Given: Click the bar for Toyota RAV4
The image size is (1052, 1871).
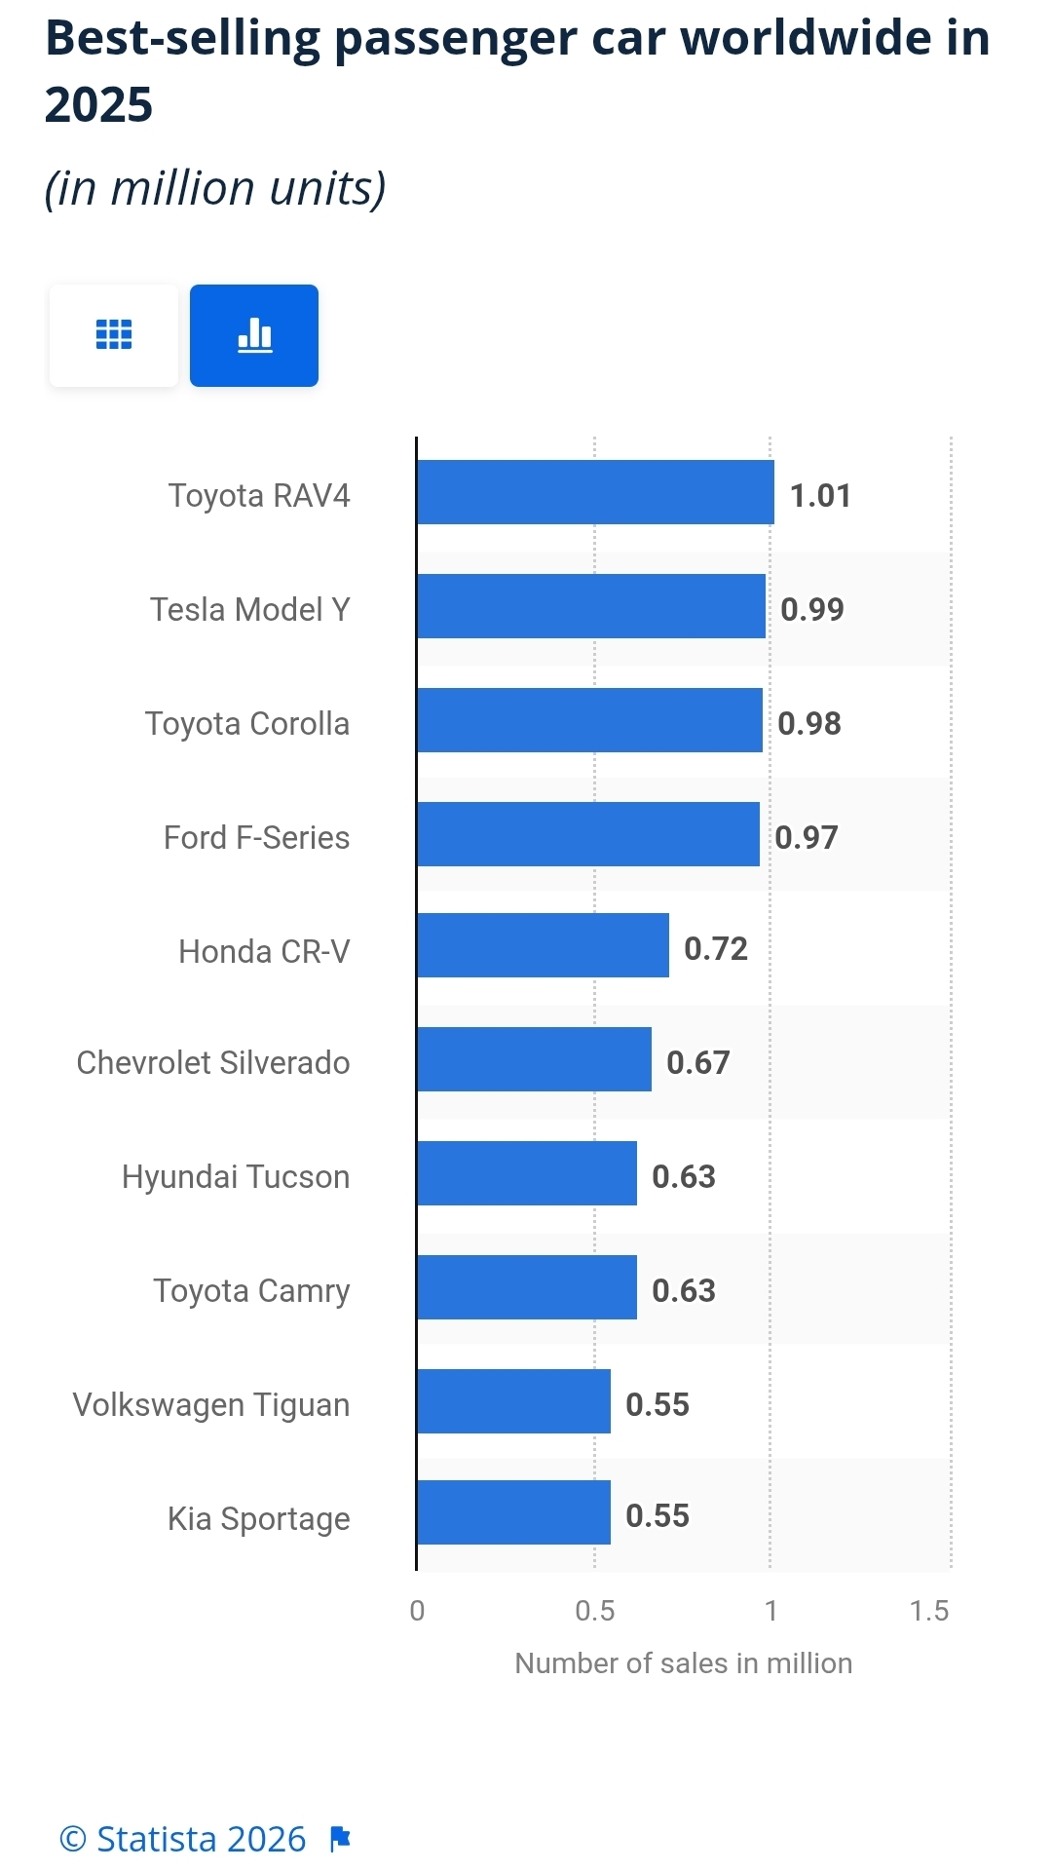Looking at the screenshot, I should click(x=595, y=492).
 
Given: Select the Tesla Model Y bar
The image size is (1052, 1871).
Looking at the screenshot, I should click(x=591, y=606).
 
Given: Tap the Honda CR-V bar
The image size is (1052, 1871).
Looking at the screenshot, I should click(x=543, y=945).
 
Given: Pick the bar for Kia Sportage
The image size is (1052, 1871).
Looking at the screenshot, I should click(x=513, y=1512).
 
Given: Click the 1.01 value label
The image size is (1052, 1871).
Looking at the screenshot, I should click(x=820, y=496).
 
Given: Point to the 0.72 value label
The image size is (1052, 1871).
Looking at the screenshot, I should click(x=716, y=949).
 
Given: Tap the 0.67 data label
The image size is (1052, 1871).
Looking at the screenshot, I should click(x=698, y=1062).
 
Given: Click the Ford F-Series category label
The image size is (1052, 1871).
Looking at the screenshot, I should click(x=256, y=838).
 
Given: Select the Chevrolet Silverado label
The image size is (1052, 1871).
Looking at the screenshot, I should click(x=213, y=1062).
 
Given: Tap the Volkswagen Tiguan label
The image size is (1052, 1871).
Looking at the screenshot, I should click(x=211, y=1405).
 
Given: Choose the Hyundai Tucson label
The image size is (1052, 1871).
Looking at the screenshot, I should click(x=236, y=1177).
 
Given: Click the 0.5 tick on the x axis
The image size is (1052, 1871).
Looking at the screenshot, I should click(x=594, y=1611).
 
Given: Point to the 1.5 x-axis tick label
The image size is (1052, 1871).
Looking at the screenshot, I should click(x=929, y=1611).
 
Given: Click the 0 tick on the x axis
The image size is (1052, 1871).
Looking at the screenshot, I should click(x=417, y=1611).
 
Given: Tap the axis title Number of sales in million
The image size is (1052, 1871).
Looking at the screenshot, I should click(x=683, y=1663).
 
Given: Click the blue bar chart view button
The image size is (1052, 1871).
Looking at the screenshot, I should click(x=254, y=335).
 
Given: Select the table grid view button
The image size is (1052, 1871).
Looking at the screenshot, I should click(x=114, y=335).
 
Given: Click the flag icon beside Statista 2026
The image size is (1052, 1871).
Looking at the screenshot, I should click(x=340, y=1839).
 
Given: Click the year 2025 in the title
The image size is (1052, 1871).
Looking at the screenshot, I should click(x=99, y=105).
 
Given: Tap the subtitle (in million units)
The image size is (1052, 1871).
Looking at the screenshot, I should click(x=215, y=188).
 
